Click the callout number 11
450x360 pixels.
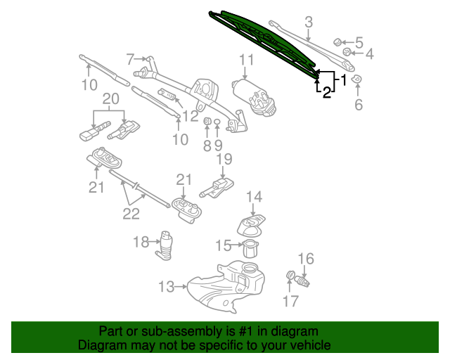pos(247,60)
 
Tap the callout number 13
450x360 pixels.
pos(167,286)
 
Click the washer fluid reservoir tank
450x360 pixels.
pos(226,286)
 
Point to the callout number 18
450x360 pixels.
pos(141,242)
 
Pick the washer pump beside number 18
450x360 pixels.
pos(165,245)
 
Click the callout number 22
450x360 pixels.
pos(131,214)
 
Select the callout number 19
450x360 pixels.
pos(224,159)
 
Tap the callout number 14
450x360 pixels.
pos(255,197)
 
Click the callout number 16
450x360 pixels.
pos(306,259)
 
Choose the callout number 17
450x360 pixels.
pos(290,301)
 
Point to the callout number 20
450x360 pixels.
pos(111,99)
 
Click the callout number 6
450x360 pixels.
pos(359,104)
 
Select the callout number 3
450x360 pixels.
pos(309,22)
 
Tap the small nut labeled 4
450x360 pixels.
pos(347,52)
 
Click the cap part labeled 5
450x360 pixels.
pos(337,42)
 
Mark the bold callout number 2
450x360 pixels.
pos(326,92)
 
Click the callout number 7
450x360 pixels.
pos(130,60)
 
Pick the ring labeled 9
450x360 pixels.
pos(217,122)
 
